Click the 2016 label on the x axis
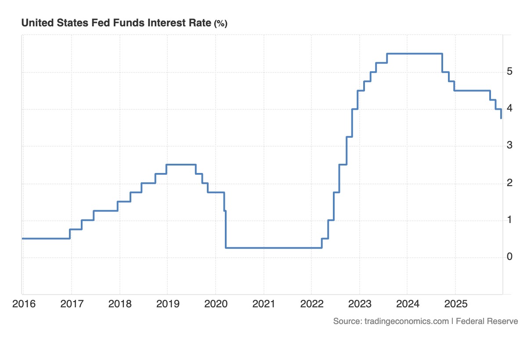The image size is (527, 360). [24, 304]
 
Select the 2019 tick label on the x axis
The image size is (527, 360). [168, 304]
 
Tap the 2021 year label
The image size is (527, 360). [264, 304]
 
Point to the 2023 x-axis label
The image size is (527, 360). [360, 304]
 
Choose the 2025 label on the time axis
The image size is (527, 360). [456, 304]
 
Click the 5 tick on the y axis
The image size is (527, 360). [509, 71]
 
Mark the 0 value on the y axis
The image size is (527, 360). [509, 256]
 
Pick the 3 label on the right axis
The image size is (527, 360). [509, 145]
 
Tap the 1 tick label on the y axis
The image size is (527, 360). [509, 220]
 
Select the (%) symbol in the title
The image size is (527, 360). [220, 24]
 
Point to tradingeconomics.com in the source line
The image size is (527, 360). [407, 321]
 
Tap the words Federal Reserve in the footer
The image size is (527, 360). [487, 321]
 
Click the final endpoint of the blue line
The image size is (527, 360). [501, 118]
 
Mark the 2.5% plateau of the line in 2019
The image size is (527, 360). [181, 165]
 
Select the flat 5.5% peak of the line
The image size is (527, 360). [415, 54]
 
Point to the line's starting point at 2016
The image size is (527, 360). [22, 239]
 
